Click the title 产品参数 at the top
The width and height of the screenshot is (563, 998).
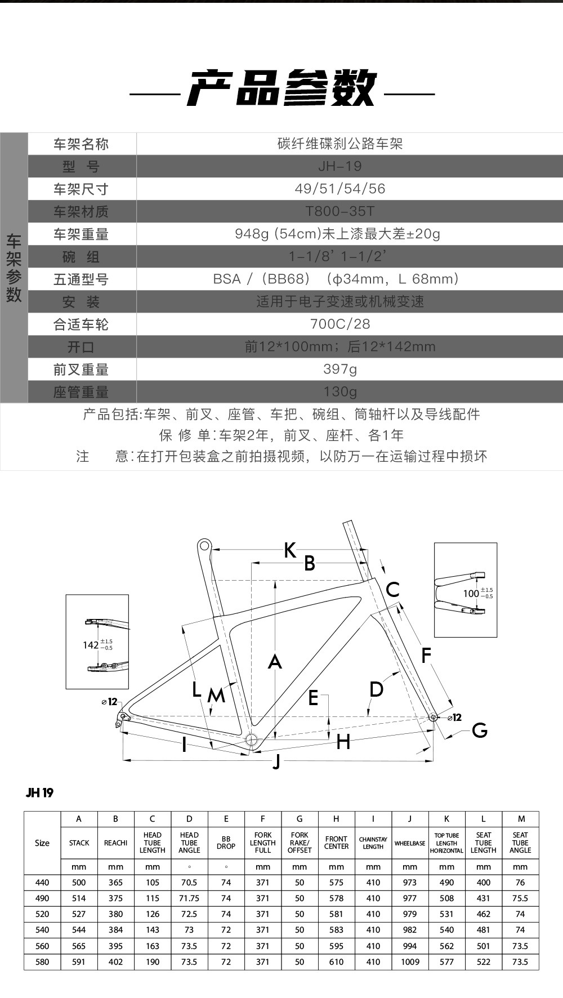281,88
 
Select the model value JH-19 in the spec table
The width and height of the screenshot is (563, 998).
340,166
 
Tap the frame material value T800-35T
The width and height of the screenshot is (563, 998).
340,211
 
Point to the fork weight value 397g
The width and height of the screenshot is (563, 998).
340,369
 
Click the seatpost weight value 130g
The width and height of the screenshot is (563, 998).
340,391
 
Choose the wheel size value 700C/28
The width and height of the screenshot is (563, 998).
340,324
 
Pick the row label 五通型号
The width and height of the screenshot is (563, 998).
81,279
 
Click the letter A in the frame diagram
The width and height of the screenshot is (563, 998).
275,661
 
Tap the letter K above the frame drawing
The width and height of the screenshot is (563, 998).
290,550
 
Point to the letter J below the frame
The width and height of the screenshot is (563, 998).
276,762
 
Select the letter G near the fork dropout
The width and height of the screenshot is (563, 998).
480,730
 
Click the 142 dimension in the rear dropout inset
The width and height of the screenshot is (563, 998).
91,645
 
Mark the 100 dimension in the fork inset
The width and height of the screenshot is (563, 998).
471,593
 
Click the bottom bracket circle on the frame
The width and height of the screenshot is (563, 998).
251,739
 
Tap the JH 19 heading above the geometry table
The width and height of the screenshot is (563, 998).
39,793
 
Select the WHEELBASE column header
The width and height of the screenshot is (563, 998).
410,843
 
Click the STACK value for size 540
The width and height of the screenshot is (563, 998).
79,930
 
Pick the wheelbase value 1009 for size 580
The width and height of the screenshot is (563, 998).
410,962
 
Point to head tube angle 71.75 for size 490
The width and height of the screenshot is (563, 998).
189,898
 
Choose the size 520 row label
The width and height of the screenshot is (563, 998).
42,914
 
